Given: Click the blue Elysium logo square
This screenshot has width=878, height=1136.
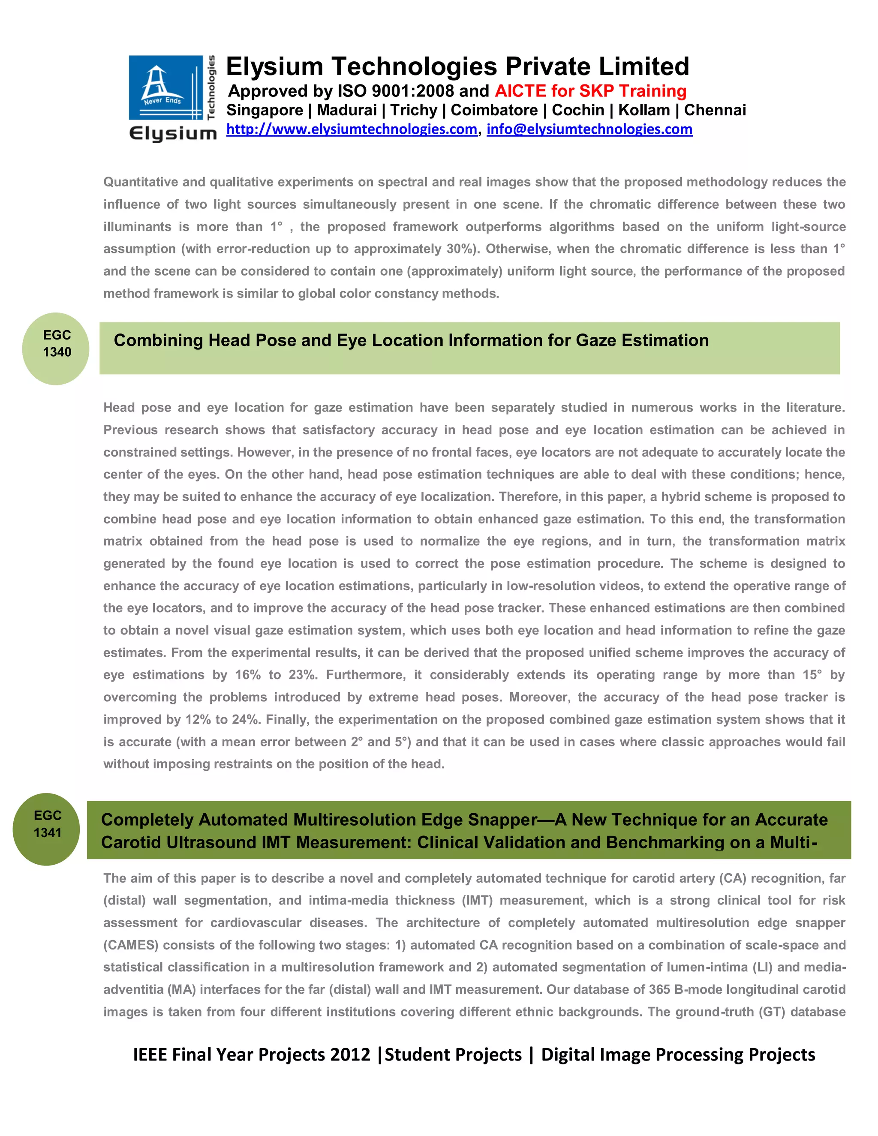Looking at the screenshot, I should [x=165, y=87].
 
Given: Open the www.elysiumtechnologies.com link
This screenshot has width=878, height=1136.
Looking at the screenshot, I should [x=352, y=129].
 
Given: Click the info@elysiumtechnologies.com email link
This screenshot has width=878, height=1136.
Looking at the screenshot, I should [x=589, y=129].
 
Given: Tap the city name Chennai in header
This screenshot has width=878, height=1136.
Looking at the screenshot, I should [x=715, y=110].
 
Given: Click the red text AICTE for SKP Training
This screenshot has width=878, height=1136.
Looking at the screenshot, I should [x=590, y=91].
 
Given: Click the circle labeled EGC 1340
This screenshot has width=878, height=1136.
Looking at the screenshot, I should [x=56, y=349].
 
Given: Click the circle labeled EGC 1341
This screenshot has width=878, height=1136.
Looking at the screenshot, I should [x=47, y=829].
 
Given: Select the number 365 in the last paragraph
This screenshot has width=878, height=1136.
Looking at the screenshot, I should [x=659, y=989].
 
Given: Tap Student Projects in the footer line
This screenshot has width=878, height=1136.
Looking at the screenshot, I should [x=453, y=1055].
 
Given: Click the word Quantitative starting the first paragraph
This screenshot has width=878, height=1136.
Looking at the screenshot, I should [x=139, y=182].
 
